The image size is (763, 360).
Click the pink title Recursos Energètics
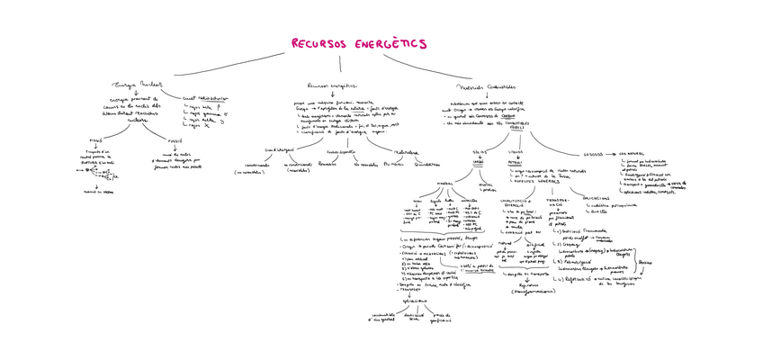coord(358,43)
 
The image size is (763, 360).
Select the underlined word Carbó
coord(478,161)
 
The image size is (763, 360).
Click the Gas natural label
coord(628,154)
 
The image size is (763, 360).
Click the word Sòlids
coord(479,153)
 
